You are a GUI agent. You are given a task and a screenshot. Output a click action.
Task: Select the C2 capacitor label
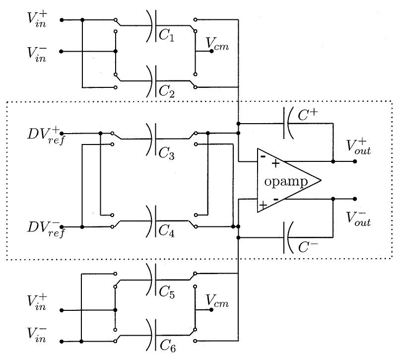(x=167, y=90)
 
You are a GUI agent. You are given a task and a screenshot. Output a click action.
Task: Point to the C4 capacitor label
(x=167, y=230)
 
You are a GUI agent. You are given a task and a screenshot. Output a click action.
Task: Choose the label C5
(x=167, y=293)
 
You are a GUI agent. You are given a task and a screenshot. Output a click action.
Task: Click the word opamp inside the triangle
(x=285, y=182)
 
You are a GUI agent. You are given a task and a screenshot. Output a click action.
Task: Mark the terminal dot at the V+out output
(x=354, y=161)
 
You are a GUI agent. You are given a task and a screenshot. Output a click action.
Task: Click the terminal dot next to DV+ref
(x=61, y=134)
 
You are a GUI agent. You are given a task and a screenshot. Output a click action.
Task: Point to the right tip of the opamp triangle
(x=321, y=180)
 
